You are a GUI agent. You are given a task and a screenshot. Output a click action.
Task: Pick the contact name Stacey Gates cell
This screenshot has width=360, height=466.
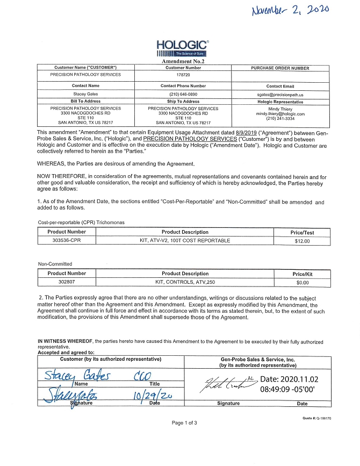(x=85, y=94)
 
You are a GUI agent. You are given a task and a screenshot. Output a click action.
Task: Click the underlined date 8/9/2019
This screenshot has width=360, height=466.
(x=243, y=132)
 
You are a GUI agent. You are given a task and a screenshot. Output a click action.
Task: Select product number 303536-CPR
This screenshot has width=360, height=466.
(x=67, y=241)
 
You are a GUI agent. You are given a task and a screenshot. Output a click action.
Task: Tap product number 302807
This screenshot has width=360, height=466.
(x=67, y=281)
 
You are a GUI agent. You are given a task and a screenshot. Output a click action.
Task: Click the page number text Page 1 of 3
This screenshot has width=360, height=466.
(x=184, y=422)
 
